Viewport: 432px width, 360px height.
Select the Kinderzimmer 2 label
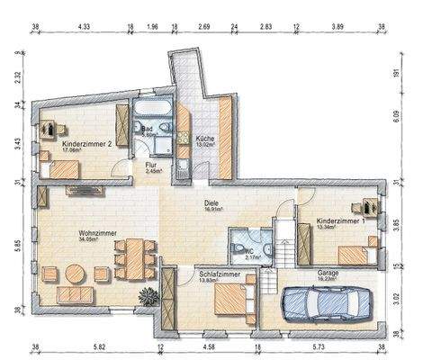[x=86, y=146]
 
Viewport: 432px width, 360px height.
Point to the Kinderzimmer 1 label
[x=340, y=221]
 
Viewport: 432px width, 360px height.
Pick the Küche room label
[x=205, y=139]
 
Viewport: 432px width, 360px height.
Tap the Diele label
[x=212, y=203]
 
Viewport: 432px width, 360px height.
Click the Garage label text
[x=328, y=272]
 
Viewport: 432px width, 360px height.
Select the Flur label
[x=154, y=166]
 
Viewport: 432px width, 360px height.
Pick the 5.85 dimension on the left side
[x=17, y=244]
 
